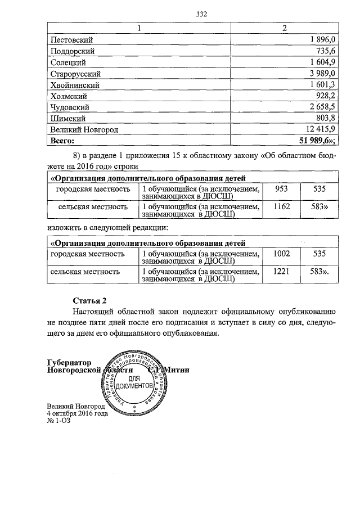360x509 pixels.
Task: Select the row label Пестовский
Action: coord(72,39)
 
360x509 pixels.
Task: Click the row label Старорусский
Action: coord(75,73)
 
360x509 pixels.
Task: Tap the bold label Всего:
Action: coord(62,141)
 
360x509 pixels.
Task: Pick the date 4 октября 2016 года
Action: coord(77,413)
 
